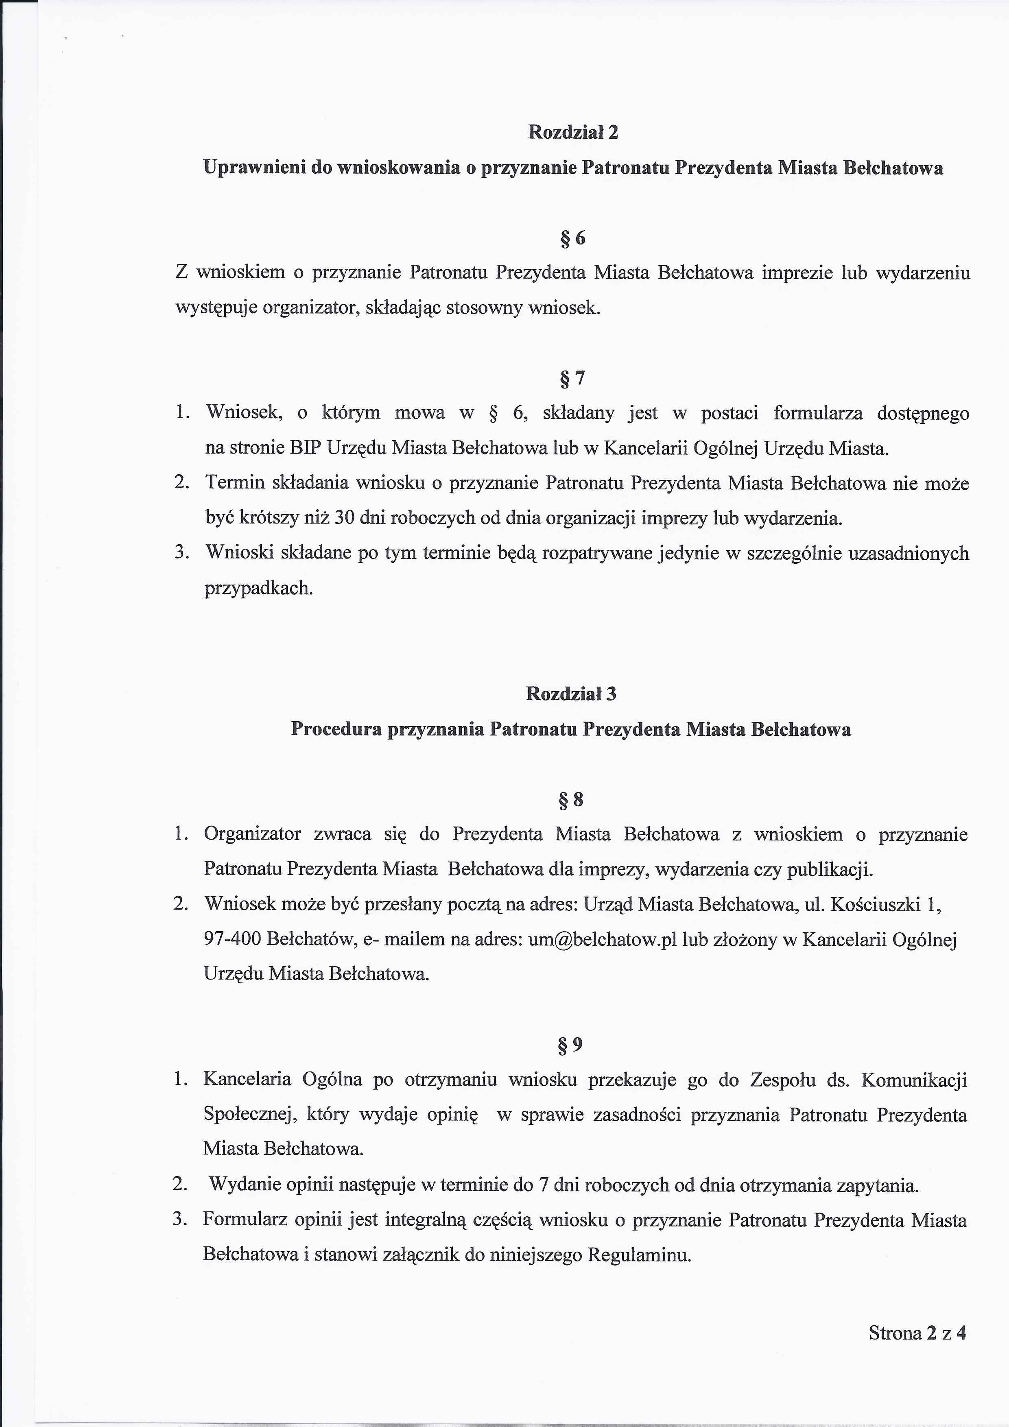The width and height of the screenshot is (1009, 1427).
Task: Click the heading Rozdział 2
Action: pos(572,132)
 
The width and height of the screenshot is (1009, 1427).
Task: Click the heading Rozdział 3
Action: pos(571,694)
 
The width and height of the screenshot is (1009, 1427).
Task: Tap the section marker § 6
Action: pos(572,238)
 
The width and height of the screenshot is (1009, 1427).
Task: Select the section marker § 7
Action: pos(572,378)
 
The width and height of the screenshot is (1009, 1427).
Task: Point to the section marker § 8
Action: pos(571,799)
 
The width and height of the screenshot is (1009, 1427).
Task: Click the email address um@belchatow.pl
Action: pos(602,939)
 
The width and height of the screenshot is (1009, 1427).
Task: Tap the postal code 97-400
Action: pos(232,939)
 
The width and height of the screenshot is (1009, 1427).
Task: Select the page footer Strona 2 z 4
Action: pos(917,1333)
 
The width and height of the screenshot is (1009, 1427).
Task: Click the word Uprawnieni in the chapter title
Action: pos(255,168)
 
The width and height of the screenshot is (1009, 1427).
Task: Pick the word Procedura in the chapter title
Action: pos(336,729)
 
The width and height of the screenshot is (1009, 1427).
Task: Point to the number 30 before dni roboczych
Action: pos(345,518)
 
